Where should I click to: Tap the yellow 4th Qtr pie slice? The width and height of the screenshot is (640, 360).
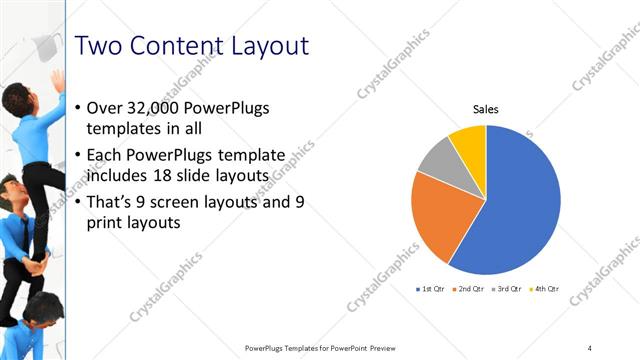pyautogui.click(x=469, y=141)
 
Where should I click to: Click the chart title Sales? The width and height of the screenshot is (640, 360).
pyautogui.click(x=486, y=110)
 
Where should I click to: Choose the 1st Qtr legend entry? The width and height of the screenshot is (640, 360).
pyautogui.click(x=431, y=289)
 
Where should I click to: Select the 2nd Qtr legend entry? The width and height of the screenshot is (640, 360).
pyautogui.click(x=470, y=289)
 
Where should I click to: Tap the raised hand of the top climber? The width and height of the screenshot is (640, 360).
pyautogui.click(x=58, y=78)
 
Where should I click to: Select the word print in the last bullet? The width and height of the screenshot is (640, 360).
pyautogui.click(x=109, y=224)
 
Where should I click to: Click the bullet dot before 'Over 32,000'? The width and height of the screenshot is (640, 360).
pyautogui.click(x=80, y=108)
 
